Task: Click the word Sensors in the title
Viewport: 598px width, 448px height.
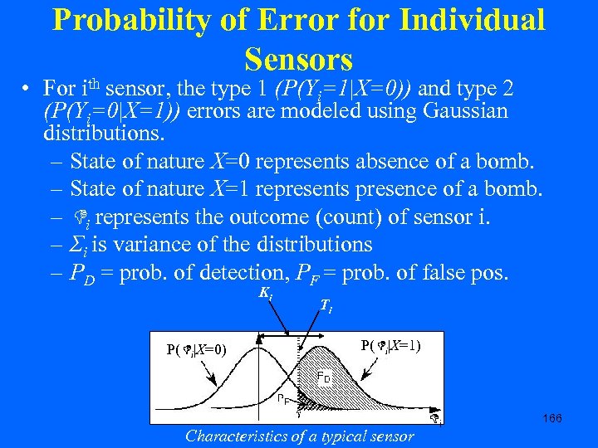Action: (299, 59)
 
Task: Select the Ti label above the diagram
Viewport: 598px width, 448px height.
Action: (326, 306)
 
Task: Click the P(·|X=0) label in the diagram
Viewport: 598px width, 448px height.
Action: (197, 348)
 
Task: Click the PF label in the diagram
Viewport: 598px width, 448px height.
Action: (283, 398)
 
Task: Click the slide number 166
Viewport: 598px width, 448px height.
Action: (551, 418)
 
